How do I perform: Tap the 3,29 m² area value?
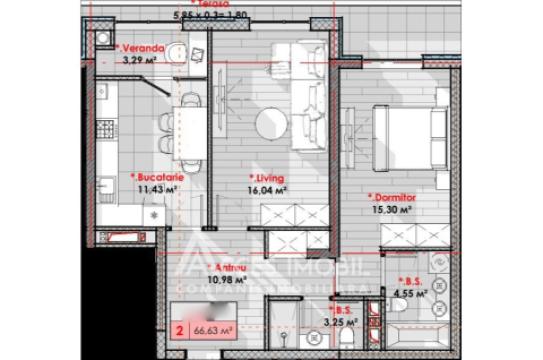[141, 60]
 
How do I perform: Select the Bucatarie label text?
[156, 176]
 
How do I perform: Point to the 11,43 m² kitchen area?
[156, 188]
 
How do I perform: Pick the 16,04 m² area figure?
[267, 189]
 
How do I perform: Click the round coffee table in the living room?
[269, 123]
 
